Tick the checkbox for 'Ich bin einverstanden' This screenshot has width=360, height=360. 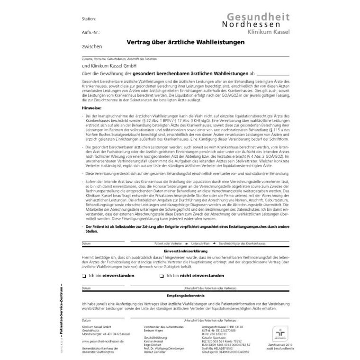[83, 275]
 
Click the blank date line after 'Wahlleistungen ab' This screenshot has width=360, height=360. [272, 74]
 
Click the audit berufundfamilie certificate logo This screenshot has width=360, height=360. [278, 333]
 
